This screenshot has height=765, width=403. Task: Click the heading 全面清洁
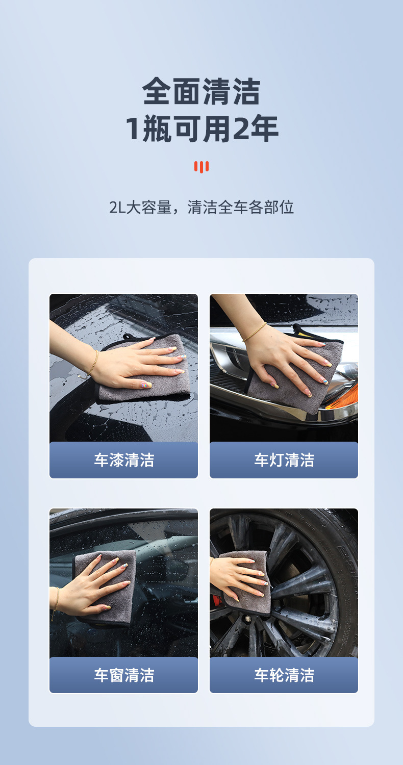pyautogui.click(x=202, y=91)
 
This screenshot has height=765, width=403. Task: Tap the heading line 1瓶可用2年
pyautogui.click(x=202, y=129)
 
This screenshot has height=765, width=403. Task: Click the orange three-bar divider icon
pyautogui.click(x=202, y=167)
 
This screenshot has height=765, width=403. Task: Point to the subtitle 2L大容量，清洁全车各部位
pyautogui.click(x=202, y=207)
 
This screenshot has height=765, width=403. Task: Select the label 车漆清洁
pyautogui.click(x=124, y=460)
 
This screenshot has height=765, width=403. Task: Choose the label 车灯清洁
pyautogui.click(x=284, y=460)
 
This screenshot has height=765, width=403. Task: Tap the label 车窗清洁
pyautogui.click(x=124, y=675)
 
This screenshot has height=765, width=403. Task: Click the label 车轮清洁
pyautogui.click(x=284, y=675)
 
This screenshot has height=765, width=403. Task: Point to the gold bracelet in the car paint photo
pyautogui.click(x=93, y=363)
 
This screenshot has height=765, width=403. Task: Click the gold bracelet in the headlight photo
pyautogui.click(x=255, y=331)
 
